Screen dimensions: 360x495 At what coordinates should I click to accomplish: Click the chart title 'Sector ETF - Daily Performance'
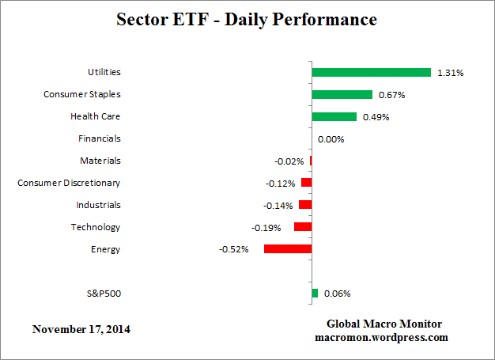pos(247,18)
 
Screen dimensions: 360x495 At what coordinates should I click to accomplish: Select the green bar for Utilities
pos(371,72)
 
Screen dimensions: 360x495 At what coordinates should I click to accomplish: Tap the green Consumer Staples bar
pos(342,94)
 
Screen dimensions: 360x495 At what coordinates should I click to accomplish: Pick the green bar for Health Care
pos(334,116)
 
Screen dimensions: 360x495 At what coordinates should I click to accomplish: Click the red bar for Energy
pos(287,248)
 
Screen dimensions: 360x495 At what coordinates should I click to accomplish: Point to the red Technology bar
pos(302,226)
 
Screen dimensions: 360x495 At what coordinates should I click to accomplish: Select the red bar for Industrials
pos(304,205)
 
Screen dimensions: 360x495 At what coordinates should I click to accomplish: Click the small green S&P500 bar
pos(315,293)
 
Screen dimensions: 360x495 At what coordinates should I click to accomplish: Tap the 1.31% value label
pos(450,73)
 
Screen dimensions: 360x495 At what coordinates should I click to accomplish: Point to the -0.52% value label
pos(234,249)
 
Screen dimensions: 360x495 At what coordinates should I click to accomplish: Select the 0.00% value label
pos(331,139)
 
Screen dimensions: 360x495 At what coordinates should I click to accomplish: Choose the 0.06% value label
pos(337,294)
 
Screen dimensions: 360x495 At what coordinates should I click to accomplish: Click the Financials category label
pos(100,138)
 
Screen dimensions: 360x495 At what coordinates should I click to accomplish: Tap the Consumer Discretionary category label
pos(69,183)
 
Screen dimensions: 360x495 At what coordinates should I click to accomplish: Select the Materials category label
pos(100,161)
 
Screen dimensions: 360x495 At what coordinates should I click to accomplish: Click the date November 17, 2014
pos(81,328)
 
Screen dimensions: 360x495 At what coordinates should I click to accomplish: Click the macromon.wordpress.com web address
pos(382,337)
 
